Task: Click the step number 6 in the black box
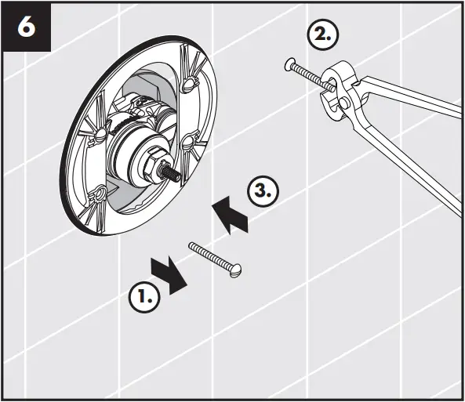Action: click(x=27, y=27)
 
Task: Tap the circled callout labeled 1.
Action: click(x=144, y=297)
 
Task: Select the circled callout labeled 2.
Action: click(x=325, y=35)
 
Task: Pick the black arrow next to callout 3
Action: click(x=231, y=214)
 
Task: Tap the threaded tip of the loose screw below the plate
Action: click(x=192, y=246)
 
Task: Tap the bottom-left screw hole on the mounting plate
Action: click(x=99, y=194)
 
